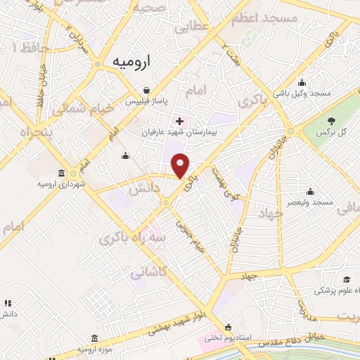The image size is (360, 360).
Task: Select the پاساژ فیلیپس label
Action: (146, 101)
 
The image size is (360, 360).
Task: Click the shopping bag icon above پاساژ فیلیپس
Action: (146, 90)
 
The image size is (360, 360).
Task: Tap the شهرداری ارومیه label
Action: (60, 184)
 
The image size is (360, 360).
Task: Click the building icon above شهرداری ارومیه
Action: (61, 173)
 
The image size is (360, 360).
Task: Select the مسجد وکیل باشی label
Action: (303, 92)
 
